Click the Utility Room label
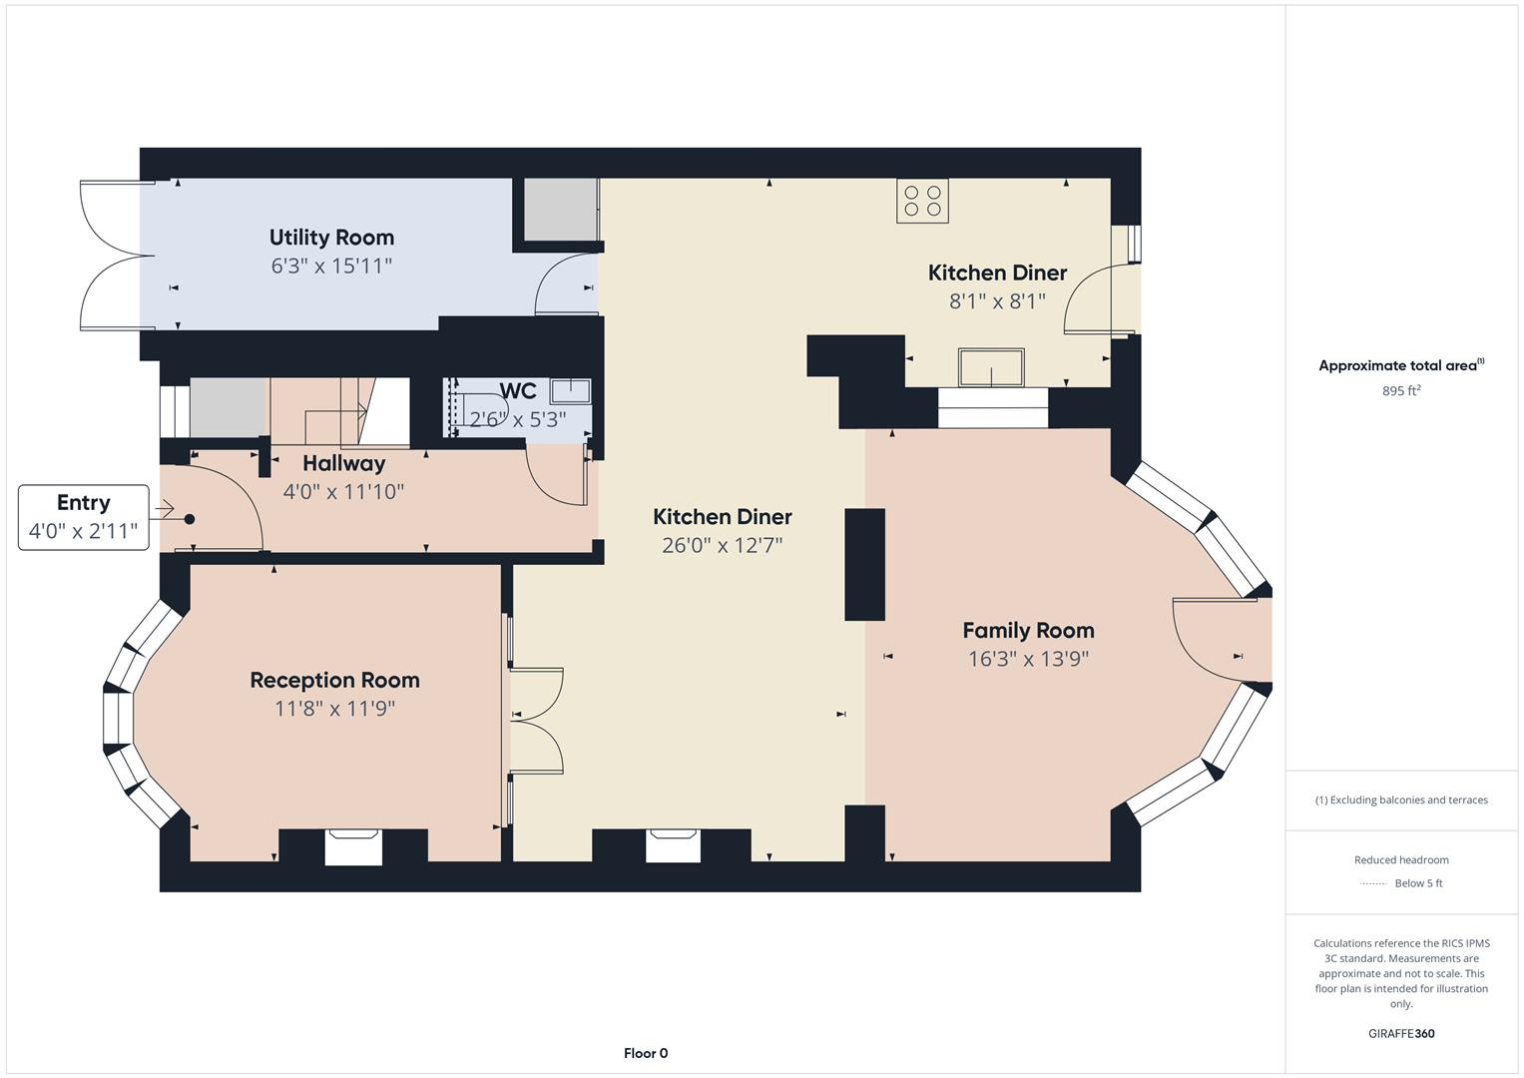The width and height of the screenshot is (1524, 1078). click(x=331, y=238)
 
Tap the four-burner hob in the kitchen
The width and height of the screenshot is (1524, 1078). click(x=922, y=200)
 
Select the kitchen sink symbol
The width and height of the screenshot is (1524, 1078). click(x=991, y=367)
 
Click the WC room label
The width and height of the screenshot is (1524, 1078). click(x=518, y=391)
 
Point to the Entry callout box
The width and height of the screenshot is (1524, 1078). click(x=84, y=517)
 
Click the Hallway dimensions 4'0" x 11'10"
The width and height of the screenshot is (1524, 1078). click(x=343, y=491)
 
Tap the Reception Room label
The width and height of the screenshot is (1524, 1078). click(x=334, y=680)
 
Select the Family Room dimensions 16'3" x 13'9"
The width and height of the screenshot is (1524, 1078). click(x=1028, y=659)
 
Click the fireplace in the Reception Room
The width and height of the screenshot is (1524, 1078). click(x=353, y=846)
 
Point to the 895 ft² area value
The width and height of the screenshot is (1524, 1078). click(x=1401, y=391)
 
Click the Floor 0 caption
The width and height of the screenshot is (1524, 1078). click(x=646, y=1053)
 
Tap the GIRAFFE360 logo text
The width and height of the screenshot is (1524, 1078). click(x=1401, y=1033)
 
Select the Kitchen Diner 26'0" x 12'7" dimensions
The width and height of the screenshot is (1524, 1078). click(x=722, y=545)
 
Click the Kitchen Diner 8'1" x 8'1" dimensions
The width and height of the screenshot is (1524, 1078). click(x=997, y=300)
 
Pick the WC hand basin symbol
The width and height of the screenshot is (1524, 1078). click(x=570, y=390)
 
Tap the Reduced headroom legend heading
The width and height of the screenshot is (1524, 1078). click(x=1401, y=859)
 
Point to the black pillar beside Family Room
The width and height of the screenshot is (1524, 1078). click(x=864, y=564)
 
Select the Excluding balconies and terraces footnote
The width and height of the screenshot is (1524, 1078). click(x=1401, y=800)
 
